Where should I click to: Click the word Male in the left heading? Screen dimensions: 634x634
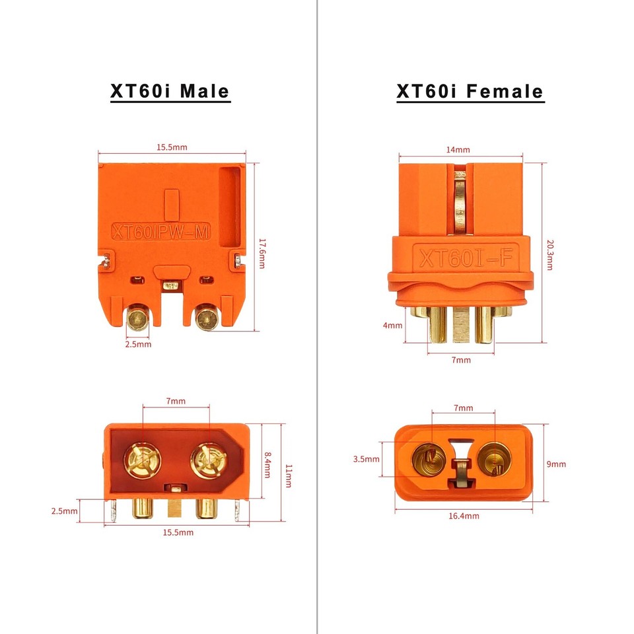click(x=201, y=91)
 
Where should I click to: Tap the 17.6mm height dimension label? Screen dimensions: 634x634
click(x=262, y=253)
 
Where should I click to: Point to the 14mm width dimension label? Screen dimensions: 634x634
click(x=458, y=150)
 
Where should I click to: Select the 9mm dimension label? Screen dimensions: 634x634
click(x=556, y=464)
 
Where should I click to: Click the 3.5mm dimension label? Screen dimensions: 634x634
click(x=366, y=459)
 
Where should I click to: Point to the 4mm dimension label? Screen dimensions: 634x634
click(x=392, y=326)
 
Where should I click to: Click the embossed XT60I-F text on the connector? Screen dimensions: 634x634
click(x=462, y=256)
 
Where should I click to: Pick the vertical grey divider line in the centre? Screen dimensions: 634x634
click(x=318, y=317)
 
